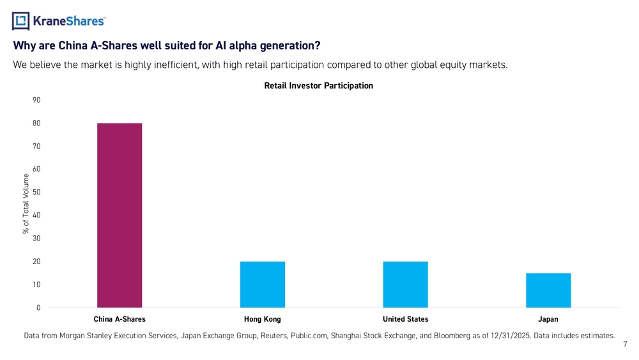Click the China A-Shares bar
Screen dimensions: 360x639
coord(119,215)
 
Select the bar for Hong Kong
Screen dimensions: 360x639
coord(263,285)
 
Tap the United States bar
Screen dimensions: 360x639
coord(406,285)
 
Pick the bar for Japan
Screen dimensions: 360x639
coord(548,290)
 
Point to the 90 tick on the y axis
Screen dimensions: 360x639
coord(36,100)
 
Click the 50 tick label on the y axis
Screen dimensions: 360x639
coord(36,192)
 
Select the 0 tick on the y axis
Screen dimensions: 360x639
coord(38,308)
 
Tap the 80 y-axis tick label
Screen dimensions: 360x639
coord(36,123)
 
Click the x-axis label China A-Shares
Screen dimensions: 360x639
coord(119,319)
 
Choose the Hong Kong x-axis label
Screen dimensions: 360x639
coord(263,319)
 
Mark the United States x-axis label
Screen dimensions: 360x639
coord(406,319)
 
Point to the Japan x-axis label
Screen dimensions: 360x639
coord(548,319)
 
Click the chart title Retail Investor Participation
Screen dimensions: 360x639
coord(318,86)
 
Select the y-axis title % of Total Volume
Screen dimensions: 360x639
coord(26,203)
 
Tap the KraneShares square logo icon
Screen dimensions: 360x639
coord(21,21)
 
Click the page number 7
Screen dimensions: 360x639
coord(625,345)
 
